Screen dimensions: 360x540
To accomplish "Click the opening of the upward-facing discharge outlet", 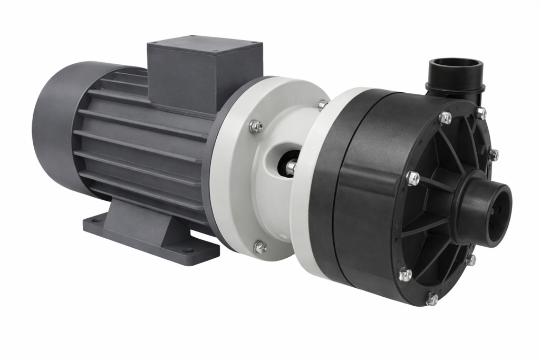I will point(455,67).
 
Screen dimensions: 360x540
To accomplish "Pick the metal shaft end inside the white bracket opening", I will point(291,168).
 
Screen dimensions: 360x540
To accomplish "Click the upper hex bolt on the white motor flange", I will point(256,126).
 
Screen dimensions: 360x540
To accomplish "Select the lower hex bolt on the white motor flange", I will point(259,246).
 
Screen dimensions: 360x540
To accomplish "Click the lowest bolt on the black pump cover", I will point(431,299).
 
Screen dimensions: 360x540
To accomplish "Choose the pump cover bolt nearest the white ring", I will point(405,274).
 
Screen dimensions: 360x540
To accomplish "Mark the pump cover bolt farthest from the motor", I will point(493,154).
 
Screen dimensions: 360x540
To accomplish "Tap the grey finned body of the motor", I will point(137,148).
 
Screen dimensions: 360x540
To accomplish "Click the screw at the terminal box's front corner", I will point(215,52).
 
